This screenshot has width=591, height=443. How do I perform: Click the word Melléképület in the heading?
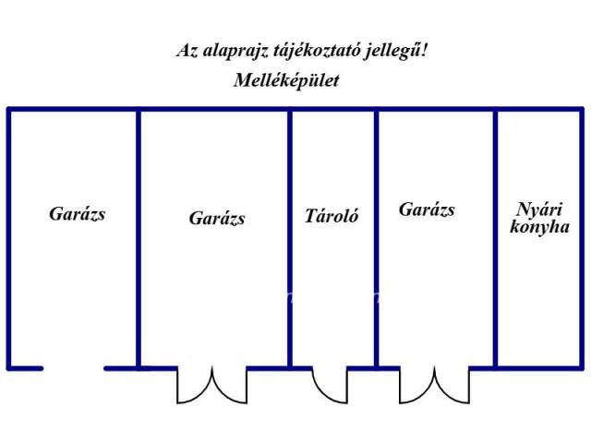[x=286, y=80]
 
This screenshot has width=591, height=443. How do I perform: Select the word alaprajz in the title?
[x=235, y=51]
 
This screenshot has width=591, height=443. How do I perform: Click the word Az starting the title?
[x=187, y=51]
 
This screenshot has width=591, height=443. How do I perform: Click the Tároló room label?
[x=332, y=216]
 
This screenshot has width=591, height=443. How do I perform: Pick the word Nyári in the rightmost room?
[x=539, y=210]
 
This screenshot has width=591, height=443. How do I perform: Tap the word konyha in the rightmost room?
[x=539, y=227]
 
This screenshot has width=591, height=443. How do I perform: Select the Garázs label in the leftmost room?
[x=78, y=213]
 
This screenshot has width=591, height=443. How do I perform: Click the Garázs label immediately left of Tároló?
[x=217, y=218]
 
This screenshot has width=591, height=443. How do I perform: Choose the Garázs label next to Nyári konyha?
[x=427, y=210]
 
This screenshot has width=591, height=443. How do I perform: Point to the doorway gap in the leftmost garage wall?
[x=74, y=368]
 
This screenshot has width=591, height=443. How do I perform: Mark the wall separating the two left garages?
[x=139, y=238]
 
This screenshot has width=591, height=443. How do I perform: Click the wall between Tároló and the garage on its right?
[x=376, y=238]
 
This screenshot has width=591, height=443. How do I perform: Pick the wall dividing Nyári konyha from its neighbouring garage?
[x=495, y=238]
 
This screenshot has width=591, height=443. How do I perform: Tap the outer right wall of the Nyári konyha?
[x=582, y=238]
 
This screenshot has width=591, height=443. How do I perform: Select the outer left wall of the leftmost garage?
[x=9, y=238]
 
